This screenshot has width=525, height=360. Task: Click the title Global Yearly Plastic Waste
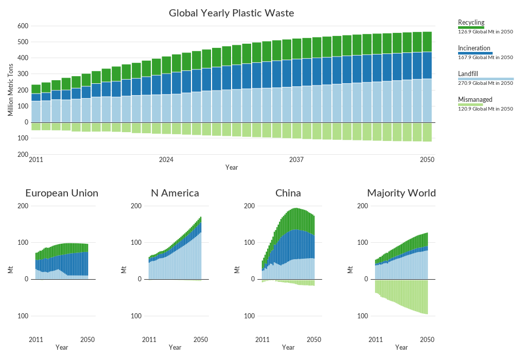click(232, 13)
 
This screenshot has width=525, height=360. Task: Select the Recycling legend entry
click(471, 22)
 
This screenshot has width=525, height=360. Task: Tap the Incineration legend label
click(474, 48)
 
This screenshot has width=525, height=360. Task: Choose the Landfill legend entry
click(468, 74)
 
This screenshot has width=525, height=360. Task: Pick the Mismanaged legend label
click(475, 99)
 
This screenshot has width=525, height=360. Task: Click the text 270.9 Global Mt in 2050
click(485, 83)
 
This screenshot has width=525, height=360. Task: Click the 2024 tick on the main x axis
click(166, 160)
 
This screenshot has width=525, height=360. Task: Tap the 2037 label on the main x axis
click(296, 160)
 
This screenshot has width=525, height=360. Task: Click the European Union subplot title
click(62, 193)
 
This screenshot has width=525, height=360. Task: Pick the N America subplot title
click(175, 193)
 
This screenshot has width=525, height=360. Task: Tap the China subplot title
click(288, 193)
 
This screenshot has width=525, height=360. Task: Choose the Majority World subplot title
click(401, 193)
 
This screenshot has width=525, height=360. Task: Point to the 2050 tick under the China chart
click(314, 339)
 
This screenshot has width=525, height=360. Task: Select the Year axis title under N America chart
click(175, 348)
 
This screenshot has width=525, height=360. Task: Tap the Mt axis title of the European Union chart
click(10, 269)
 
